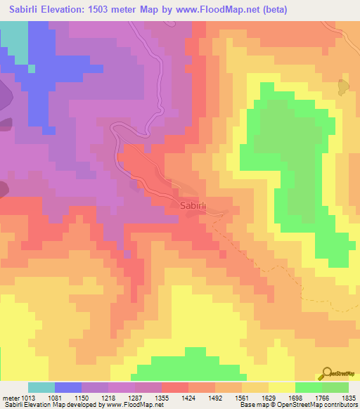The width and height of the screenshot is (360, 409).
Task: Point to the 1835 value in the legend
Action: (349, 397)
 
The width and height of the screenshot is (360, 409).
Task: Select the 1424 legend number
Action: (188, 397)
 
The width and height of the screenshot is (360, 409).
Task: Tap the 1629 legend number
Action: (269, 397)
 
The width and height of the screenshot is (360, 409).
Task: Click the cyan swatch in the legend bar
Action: (41, 387)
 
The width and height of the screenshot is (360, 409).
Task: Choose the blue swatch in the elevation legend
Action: (68, 387)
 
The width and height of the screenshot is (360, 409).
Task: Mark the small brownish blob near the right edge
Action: (342, 87)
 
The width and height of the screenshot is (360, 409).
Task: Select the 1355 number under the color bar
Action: (162, 397)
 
